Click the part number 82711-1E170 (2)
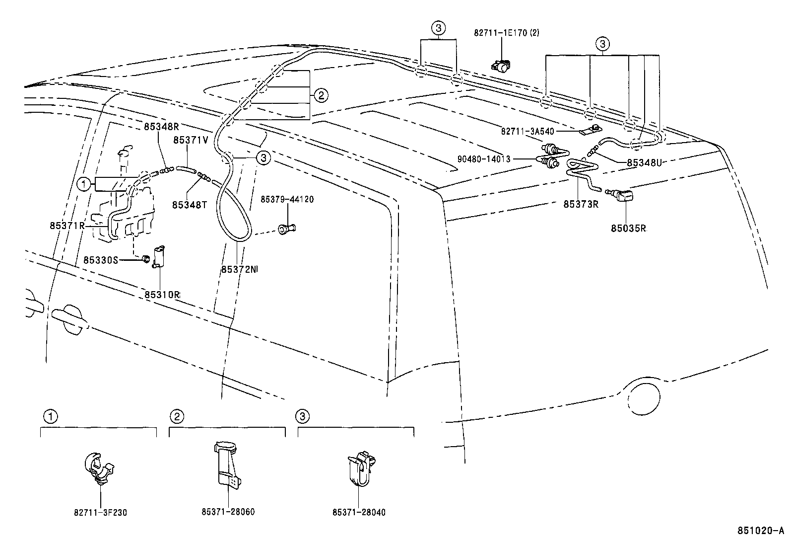(506, 33)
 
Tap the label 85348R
(161, 126)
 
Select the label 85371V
(191, 141)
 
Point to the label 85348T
(190, 205)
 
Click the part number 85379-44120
(287, 199)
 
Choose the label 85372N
(239, 269)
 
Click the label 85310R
(162, 294)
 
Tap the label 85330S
(101, 260)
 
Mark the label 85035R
(628, 228)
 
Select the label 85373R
(581, 204)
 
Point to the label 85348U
(644, 162)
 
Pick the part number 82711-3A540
(527, 131)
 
